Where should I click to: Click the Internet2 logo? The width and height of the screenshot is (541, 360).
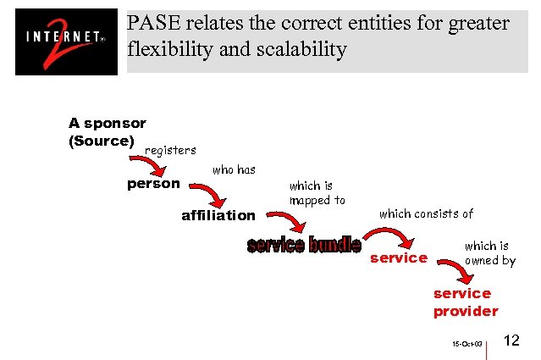(x=66, y=42)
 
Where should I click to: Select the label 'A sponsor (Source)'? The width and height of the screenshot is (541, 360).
(x=107, y=132)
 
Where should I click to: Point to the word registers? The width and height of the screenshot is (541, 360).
(x=170, y=150)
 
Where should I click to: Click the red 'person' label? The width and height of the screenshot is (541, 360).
(x=153, y=183)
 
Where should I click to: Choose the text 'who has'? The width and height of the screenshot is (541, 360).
(x=234, y=169)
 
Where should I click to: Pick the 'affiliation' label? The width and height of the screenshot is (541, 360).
(x=218, y=215)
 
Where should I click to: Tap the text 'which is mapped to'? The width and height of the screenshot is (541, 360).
(x=317, y=193)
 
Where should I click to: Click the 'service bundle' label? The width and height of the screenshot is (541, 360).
(x=303, y=246)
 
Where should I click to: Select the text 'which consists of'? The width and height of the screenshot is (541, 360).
(x=426, y=213)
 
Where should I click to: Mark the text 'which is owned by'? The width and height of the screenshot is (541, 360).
(x=489, y=253)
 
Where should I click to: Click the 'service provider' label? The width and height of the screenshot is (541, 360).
(x=465, y=302)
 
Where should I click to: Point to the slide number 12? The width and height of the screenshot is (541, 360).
(x=511, y=341)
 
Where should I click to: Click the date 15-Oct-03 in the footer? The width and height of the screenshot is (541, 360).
(x=466, y=345)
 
